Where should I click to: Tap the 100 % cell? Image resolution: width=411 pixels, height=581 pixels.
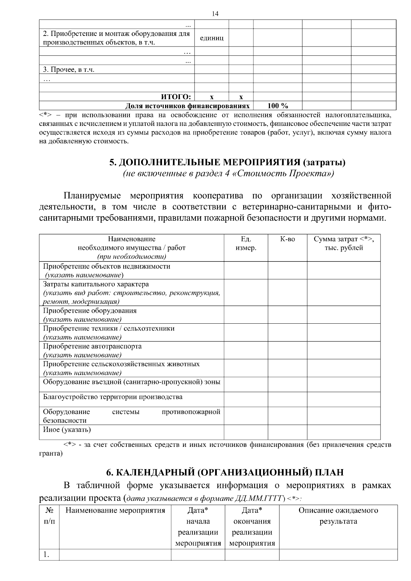click(x=277, y=106)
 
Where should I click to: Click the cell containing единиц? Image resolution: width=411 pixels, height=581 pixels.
click(x=211, y=38)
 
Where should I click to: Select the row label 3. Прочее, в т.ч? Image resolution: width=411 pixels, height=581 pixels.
click(x=68, y=70)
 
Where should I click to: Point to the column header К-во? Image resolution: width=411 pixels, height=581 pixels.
click(x=287, y=239)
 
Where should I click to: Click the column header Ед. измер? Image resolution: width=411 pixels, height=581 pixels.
click(x=246, y=243)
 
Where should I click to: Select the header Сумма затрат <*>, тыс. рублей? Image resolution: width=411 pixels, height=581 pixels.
click(x=344, y=243)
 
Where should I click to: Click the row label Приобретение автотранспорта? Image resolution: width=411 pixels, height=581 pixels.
click(x=92, y=346)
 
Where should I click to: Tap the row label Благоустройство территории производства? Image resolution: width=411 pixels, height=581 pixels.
click(x=113, y=397)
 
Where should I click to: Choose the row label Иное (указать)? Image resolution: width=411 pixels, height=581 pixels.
click(x=67, y=429)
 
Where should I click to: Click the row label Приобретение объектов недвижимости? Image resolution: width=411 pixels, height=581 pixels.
click(x=107, y=266)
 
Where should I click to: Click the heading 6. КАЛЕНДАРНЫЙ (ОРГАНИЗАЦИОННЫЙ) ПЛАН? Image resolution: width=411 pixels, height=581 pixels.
click(x=225, y=473)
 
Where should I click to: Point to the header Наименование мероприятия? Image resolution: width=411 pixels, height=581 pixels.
click(x=115, y=511)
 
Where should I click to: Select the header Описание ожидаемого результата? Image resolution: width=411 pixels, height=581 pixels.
click(x=338, y=516)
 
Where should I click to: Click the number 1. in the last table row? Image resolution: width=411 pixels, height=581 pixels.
click(x=46, y=555)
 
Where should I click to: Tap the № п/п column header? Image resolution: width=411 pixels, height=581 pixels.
click(x=49, y=516)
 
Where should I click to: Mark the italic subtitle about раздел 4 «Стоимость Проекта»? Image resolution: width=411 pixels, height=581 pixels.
click(x=228, y=173)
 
